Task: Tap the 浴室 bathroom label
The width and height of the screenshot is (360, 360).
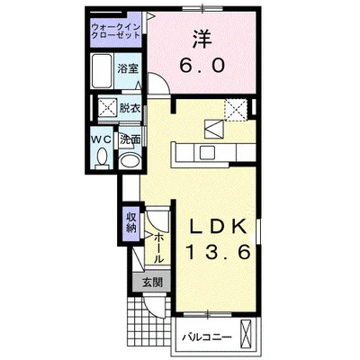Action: pos(128,69)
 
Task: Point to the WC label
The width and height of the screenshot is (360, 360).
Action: pos(102,139)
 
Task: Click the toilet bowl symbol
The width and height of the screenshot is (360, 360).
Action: pos(102,159)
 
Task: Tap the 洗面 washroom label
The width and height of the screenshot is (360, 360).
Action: pos(130,139)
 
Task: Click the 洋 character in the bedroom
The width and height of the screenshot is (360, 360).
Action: pos(200,41)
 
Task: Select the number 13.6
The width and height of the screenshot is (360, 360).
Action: pos(217,254)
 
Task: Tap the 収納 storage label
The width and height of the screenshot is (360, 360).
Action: pos(131,221)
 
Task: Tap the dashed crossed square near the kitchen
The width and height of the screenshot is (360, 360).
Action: pos(238,109)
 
